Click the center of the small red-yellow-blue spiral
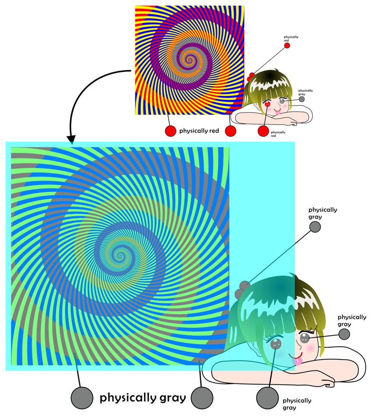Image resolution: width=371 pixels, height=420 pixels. coord(189,59)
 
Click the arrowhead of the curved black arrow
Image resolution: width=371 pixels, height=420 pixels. coord(71,140)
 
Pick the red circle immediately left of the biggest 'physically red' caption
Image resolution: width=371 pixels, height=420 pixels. coord(171,131)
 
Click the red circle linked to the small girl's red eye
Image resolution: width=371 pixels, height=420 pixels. coord(263,131)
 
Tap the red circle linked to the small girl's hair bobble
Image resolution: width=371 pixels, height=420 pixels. coord(287,45)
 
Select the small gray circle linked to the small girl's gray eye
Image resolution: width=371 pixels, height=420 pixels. coord(302,99)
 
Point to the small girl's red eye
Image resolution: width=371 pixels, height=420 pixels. coord(268,103)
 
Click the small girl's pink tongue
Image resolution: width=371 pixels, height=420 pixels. coord(279,113)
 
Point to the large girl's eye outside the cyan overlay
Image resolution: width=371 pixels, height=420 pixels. coord(304,338)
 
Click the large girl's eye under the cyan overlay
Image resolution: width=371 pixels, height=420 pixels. coord(275,344)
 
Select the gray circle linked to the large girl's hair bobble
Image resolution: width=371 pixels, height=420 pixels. coord(315,227)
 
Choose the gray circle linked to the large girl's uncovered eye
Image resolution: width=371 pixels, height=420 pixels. coord(344,334)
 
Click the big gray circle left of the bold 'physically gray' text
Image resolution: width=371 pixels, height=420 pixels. coord(82,398)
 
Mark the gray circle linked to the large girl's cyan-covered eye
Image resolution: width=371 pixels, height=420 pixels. coord(268,398)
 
